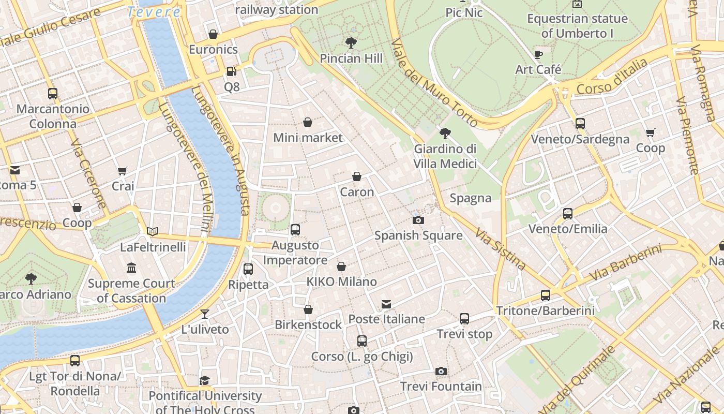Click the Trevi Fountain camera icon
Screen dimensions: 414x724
click(x=441, y=371)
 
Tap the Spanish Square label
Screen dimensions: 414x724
click(x=418, y=235)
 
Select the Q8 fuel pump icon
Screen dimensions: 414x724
click(x=232, y=71)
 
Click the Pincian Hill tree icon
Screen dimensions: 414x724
click(x=351, y=42)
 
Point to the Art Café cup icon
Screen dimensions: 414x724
click(x=538, y=54)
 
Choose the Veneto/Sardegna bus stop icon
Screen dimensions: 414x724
click(x=580, y=124)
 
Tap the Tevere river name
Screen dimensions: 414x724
click(x=154, y=11)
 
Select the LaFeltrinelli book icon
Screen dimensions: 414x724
click(x=153, y=231)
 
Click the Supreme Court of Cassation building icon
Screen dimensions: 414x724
click(x=131, y=268)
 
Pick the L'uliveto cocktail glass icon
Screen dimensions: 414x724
click(x=205, y=314)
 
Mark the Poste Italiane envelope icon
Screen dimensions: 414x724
click(x=386, y=303)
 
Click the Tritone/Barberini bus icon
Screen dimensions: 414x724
click(x=545, y=295)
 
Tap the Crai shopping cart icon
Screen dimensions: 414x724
click(x=123, y=171)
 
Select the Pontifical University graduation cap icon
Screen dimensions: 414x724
click(x=205, y=380)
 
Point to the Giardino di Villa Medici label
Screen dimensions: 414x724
click(x=445, y=156)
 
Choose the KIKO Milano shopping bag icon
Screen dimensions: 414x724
click(x=341, y=267)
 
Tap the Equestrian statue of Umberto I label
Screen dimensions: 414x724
click(x=577, y=26)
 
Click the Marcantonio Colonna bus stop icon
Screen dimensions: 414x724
click(x=53, y=94)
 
